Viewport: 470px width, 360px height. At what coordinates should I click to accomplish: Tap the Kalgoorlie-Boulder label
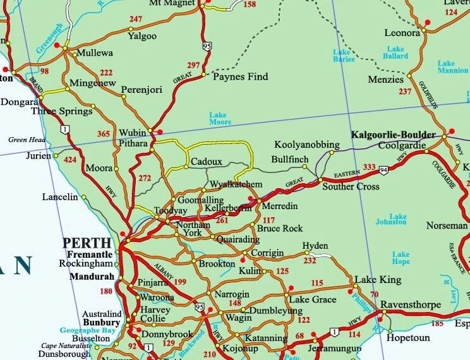(x=393, y=135)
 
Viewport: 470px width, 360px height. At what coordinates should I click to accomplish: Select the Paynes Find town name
(x=240, y=77)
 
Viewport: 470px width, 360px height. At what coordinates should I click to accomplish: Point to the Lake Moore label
(x=220, y=118)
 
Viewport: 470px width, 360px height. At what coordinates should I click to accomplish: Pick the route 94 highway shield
(x=383, y=170)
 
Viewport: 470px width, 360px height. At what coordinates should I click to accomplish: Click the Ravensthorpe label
(x=411, y=304)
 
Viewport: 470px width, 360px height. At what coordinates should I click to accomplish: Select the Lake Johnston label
(x=391, y=219)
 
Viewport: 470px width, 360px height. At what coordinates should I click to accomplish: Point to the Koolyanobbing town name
(x=307, y=145)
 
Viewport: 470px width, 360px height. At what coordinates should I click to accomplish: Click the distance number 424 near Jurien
(x=70, y=160)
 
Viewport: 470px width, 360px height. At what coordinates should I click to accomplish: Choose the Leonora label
(x=402, y=33)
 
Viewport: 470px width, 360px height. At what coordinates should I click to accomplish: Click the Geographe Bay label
(x=88, y=330)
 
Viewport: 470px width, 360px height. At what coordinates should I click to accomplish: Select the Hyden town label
(x=315, y=246)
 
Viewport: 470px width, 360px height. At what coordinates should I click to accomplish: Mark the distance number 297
(x=193, y=65)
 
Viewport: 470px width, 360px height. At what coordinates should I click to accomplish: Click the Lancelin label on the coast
(x=59, y=197)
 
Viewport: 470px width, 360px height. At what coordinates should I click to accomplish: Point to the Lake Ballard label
(x=395, y=52)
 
